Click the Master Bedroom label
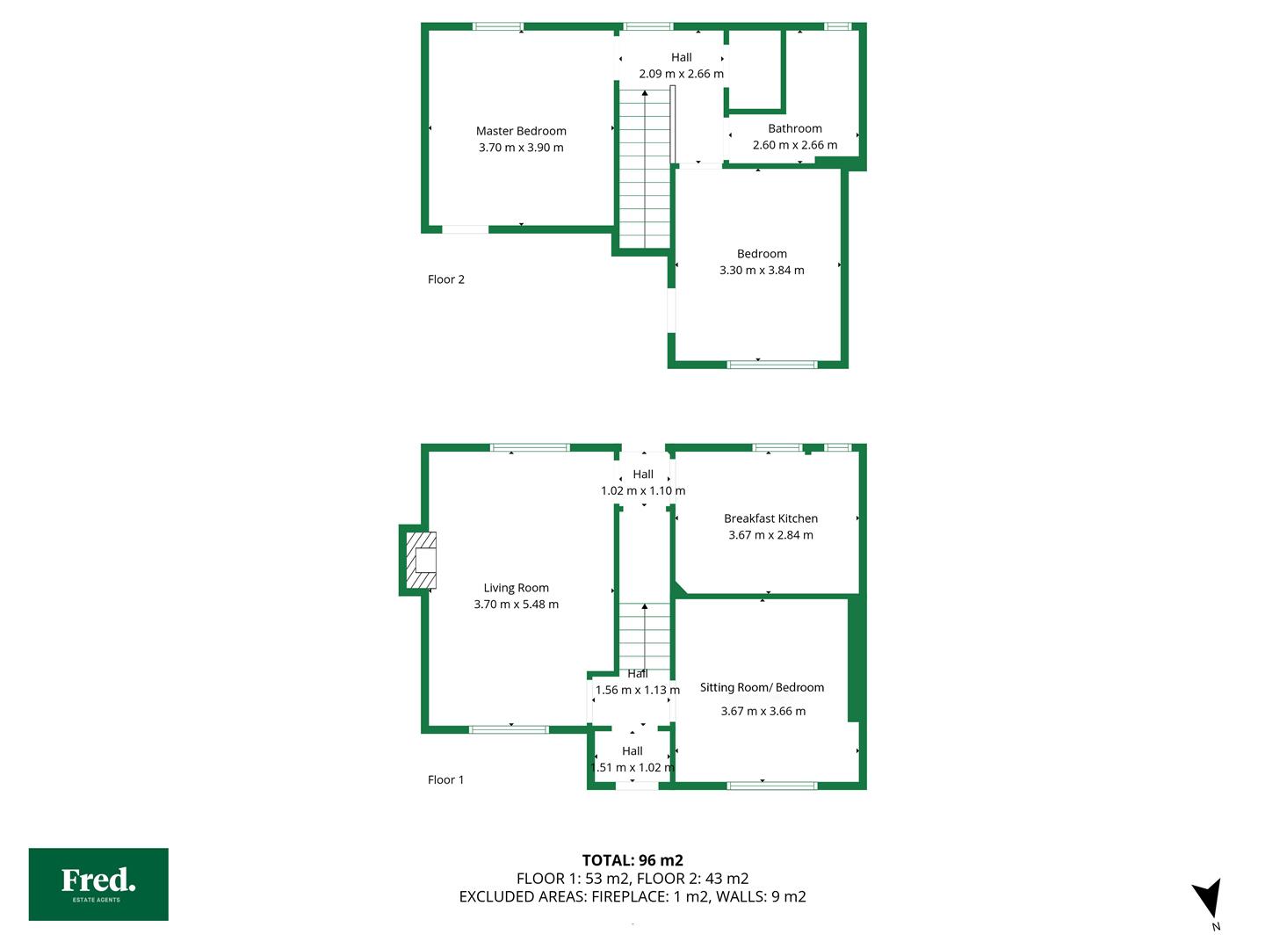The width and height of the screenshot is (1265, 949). coord(521,132)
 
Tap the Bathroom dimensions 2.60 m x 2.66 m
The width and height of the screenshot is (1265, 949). coord(795,145)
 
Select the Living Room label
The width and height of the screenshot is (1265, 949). coord(516,589)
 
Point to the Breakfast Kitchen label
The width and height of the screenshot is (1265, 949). coord(770,518)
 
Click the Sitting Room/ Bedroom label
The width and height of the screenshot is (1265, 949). coord(762,687)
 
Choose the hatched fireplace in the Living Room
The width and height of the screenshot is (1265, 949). coord(421,560)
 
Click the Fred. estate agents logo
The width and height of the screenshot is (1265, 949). coord(98,885)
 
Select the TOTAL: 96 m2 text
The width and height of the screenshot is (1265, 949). coord(632,860)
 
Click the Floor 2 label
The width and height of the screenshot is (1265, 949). coord(445,279)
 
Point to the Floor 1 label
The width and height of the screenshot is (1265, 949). coord(445,780)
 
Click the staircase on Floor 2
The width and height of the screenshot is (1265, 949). coord(644,169)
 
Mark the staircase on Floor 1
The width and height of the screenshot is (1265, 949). coord(644,638)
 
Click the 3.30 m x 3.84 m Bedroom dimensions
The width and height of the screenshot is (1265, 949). coord(762,271)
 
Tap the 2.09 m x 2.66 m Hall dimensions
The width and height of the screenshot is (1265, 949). coord(681,74)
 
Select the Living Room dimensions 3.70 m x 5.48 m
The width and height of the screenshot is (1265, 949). coord(516,605)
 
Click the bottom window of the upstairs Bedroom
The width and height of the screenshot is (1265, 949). coord(771,364)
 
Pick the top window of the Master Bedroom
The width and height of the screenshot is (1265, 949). coord(498,26)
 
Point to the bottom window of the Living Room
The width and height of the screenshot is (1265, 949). coord(509,730)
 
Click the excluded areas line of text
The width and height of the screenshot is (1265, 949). coord(632,896)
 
